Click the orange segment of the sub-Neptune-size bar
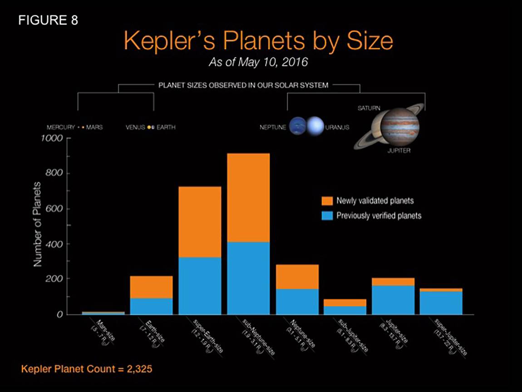(x=248, y=198)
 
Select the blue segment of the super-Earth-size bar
(x=200, y=285)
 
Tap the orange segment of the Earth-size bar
(x=151, y=287)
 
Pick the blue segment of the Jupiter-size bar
(x=393, y=299)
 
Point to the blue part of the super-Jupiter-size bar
(x=441, y=302)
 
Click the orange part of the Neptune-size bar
(x=297, y=277)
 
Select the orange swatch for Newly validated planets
(x=327, y=200)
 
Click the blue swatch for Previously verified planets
(x=327, y=215)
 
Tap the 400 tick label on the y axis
(x=54, y=244)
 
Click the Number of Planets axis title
(x=38, y=225)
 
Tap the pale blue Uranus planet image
(x=315, y=127)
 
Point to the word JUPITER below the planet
(x=399, y=151)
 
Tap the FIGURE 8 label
(x=48, y=20)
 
